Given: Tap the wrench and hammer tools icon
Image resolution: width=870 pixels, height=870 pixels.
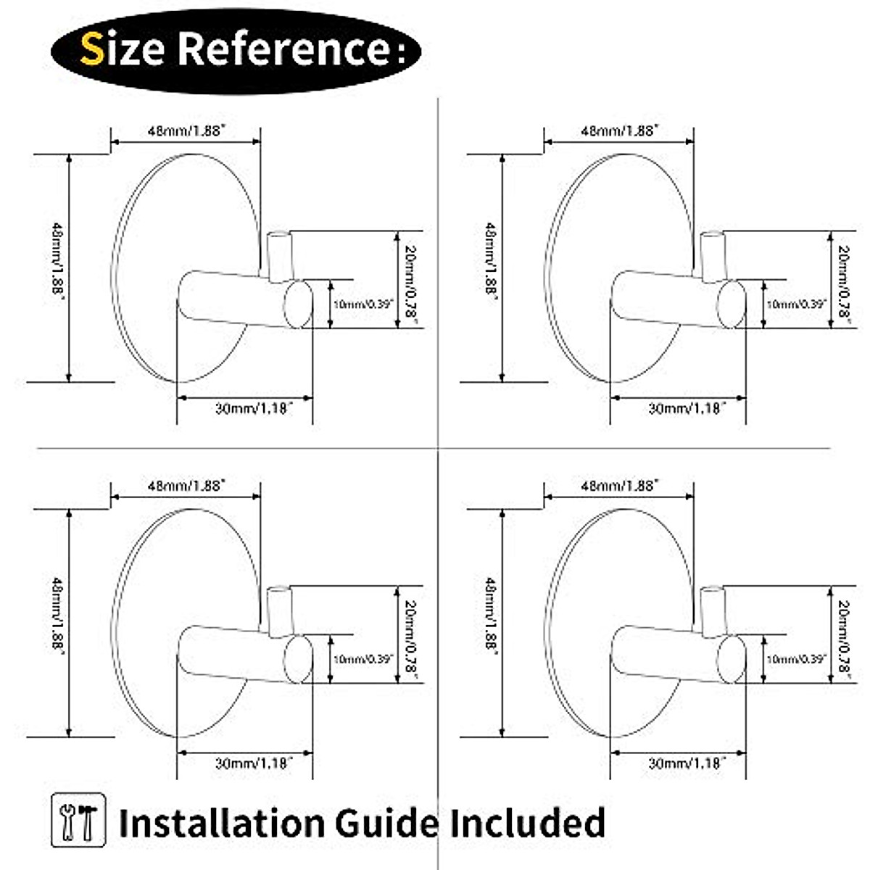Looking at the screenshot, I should (79, 821).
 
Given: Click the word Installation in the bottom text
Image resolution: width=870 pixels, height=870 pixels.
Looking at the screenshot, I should (221, 824).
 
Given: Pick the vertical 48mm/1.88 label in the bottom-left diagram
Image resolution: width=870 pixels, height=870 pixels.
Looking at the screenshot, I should (57, 616).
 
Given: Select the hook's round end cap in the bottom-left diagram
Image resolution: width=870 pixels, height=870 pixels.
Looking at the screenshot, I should (297, 659).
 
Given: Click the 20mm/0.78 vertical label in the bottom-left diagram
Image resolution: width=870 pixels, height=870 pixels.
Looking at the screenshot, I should (411, 635).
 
